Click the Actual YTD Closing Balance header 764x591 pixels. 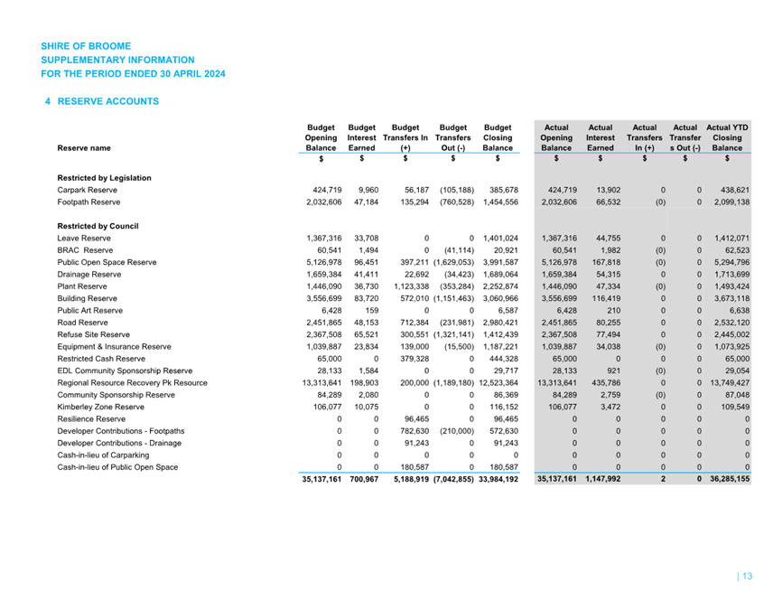click(727, 137)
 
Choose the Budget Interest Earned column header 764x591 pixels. click(362, 137)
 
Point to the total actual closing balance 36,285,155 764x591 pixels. click(729, 479)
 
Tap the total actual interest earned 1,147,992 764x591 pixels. click(599, 479)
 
